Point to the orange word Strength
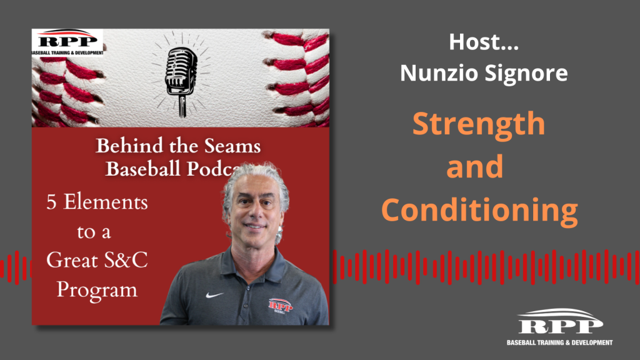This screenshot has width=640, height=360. (479, 124)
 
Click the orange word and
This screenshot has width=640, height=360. (475, 166)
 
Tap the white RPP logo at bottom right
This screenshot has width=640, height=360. (559, 327)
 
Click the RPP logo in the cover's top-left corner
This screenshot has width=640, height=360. (67, 42)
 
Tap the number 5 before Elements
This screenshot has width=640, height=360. (51, 202)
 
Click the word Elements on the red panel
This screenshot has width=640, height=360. (106, 202)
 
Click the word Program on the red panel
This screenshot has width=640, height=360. (97, 291)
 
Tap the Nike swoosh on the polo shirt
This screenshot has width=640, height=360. (214, 295)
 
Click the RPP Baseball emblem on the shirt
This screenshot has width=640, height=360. (281, 306)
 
